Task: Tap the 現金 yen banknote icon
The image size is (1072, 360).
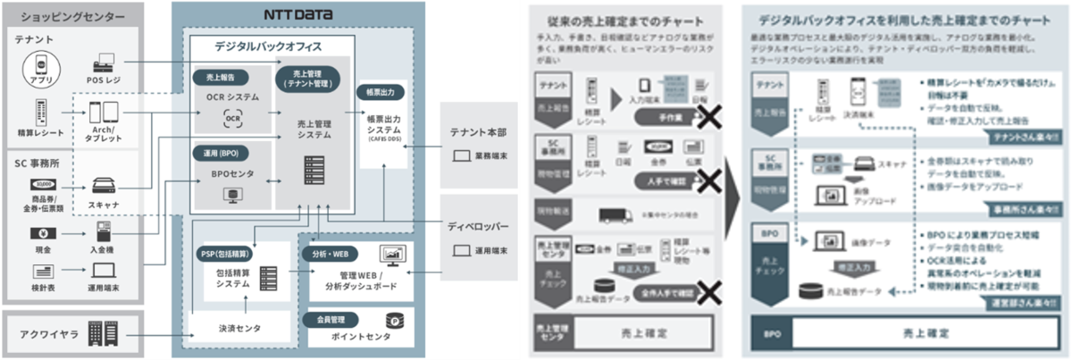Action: tap(39, 236)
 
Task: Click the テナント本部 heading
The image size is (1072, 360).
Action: tap(482, 132)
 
